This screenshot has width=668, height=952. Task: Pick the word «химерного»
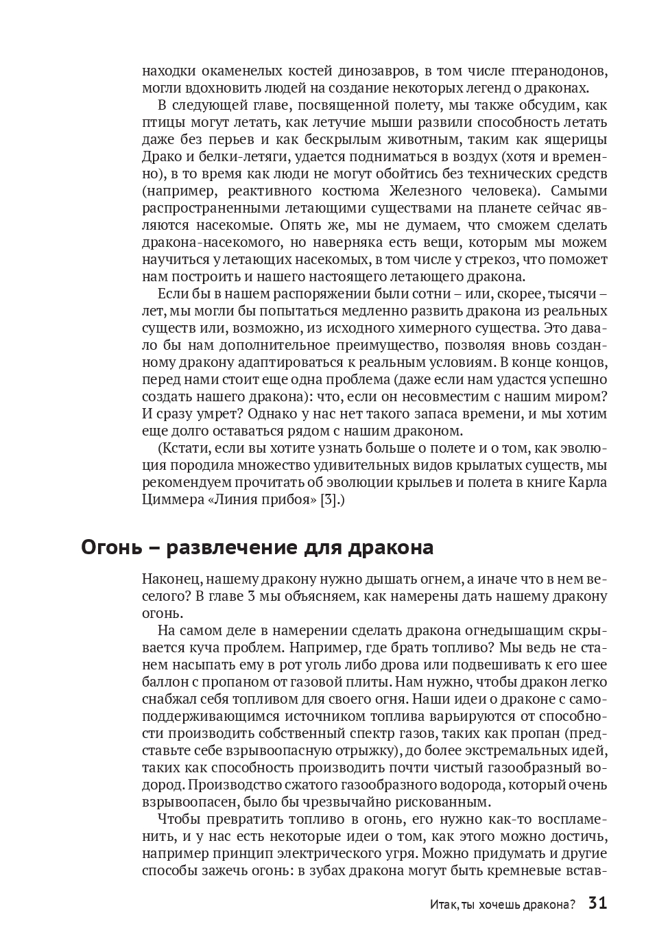pos(442,328)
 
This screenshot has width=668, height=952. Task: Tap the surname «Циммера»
pos(170,499)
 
